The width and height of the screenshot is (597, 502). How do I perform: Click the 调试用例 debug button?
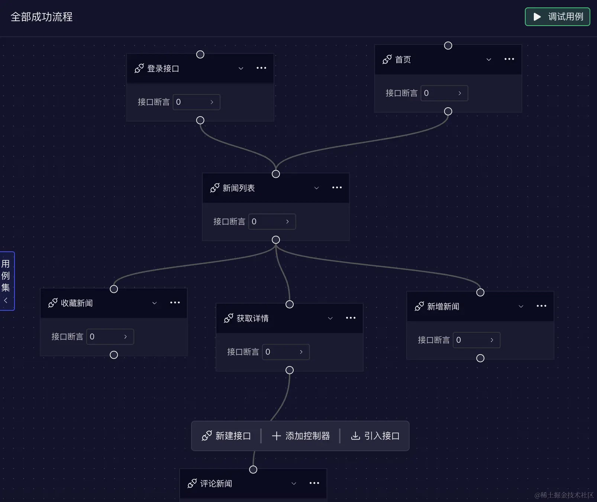[x=557, y=17]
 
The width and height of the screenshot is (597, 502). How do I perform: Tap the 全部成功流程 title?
[x=42, y=17]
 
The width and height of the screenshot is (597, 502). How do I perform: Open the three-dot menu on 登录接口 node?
[x=261, y=68]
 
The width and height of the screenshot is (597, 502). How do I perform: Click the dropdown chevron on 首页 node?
[x=489, y=59]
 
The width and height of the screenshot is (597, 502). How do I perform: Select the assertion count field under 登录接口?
[x=196, y=102]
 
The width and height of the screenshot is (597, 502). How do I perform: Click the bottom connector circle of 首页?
[x=448, y=111]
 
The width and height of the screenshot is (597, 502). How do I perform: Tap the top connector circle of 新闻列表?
[x=276, y=174]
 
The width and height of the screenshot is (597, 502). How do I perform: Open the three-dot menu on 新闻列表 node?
[x=337, y=188]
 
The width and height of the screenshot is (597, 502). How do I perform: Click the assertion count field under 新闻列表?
[x=272, y=222]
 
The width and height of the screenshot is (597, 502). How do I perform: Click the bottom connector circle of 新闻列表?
[x=276, y=240]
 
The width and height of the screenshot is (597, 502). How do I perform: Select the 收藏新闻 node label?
[x=77, y=303]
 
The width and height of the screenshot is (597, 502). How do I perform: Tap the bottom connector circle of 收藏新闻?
[x=114, y=355]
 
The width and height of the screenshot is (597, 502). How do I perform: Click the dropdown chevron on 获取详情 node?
[x=330, y=318]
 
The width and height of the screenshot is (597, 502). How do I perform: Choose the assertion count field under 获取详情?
[x=285, y=352]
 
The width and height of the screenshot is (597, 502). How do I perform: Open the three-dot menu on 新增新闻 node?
[x=541, y=306]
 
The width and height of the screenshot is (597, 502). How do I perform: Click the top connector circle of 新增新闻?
[x=480, y=293]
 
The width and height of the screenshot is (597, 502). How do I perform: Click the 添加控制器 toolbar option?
[x=301, y=436]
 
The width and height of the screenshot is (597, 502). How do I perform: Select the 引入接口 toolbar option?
[x=375, y=436]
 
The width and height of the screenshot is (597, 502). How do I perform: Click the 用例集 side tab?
[x=6, y=281]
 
